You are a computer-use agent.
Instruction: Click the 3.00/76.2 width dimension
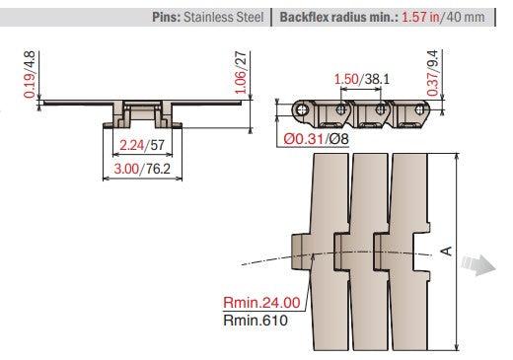click(x=142, y=170)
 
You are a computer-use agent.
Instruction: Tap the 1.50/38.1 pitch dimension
click(x=361, y=78)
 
